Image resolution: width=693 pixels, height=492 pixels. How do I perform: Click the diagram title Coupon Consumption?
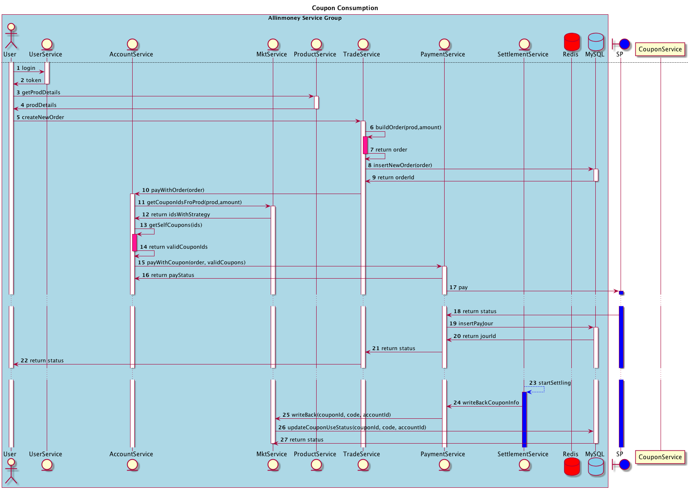[345, 8]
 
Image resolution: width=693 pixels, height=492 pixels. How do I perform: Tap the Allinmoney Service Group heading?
[305, 18]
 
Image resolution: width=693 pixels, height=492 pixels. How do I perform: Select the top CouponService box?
[660, 49]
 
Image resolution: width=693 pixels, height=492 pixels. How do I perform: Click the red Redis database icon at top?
[571, 42]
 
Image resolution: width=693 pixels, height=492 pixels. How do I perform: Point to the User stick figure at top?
[11, 37]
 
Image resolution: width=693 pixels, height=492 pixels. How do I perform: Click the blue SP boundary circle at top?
[624, 44]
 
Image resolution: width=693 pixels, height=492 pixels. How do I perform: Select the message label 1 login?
[26, 68]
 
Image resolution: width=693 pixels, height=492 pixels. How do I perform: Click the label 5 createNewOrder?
[40, 117]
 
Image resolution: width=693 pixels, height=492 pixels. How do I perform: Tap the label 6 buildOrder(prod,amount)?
[405, 128]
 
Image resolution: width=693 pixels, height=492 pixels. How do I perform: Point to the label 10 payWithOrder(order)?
[173, 190]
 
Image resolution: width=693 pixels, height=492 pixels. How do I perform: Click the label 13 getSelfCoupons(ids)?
[171, 225]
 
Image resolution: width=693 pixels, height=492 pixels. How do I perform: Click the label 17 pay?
[458, 287]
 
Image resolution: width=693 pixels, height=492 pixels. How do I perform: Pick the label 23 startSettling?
[550, 383]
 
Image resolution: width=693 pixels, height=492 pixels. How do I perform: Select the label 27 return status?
[302, 440]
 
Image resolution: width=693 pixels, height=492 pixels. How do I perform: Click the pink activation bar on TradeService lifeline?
[365, 145]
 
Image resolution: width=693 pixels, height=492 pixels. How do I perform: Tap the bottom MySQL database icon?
[595, 467]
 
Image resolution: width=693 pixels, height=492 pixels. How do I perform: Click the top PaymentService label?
[442, 54]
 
